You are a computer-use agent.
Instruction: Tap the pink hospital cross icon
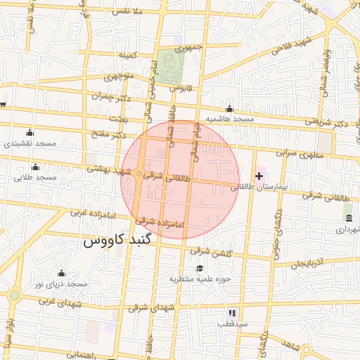[x=259, y=175]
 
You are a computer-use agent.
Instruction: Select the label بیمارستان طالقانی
[x=259, y=188]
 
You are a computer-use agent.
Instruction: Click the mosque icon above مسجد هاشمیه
[x=229, y=108]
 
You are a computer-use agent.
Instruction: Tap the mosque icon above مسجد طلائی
[x=35, y=167]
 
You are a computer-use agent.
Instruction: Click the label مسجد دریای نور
[x=61, y=284]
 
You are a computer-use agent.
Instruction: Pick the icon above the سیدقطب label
[x=231, y=312]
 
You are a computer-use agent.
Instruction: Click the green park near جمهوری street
[x=169, y=67]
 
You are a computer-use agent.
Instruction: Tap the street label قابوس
[x=181, y=89]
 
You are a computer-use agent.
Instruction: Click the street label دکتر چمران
[x=112, y=95]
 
